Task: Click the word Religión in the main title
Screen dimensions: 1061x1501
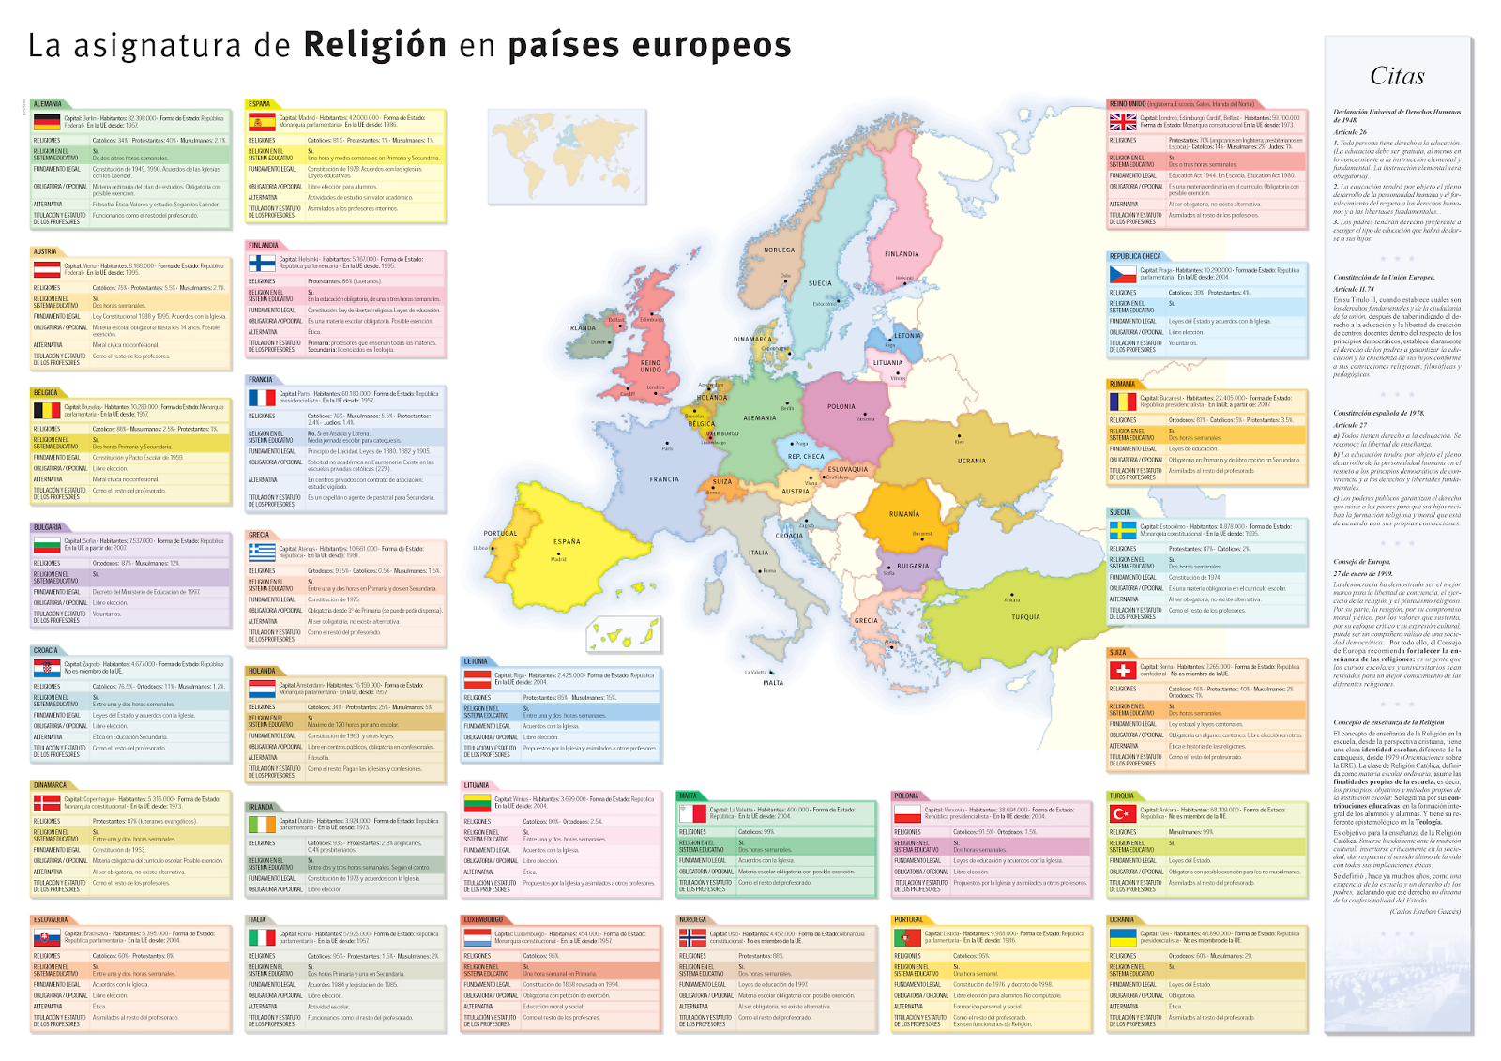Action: click(x=374, y=45)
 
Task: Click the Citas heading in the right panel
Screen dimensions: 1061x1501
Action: click(x=1397, y=76)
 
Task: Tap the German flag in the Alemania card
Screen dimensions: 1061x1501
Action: click(x=47, y=122)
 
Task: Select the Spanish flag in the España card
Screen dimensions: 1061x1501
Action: click(x=261, y=122)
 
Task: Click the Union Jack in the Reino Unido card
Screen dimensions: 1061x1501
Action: click(x=1123, y=122)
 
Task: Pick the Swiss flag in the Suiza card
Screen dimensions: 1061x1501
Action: click(x=1123, y=671)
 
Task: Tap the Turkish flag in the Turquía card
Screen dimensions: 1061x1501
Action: click(x=1123, y=813)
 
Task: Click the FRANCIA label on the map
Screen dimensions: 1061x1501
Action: click(x=664, y=479)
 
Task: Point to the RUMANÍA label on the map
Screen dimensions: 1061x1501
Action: click(x=904, y=514)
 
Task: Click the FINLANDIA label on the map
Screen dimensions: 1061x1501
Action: click(x=902, y=254)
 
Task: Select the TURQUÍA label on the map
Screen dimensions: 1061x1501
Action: click(x=1025, y=617)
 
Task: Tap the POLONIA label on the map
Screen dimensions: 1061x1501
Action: click(x=841, y=407)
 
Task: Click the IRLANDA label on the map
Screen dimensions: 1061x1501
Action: click(x=582, y=328)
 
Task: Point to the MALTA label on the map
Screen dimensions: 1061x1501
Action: click(x=773, y=683)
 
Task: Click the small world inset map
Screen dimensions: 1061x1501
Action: click(x=567, y=144)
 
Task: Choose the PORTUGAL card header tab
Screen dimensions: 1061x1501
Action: click(x=909, y=920)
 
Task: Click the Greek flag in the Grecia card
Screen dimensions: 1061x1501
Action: click(x=261, y=553)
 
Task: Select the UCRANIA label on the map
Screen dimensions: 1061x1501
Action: click(x=972, y=461)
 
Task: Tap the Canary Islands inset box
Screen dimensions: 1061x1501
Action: click(x=623, y=635)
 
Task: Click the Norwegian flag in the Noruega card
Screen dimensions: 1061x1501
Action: click(x=692, y=937)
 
